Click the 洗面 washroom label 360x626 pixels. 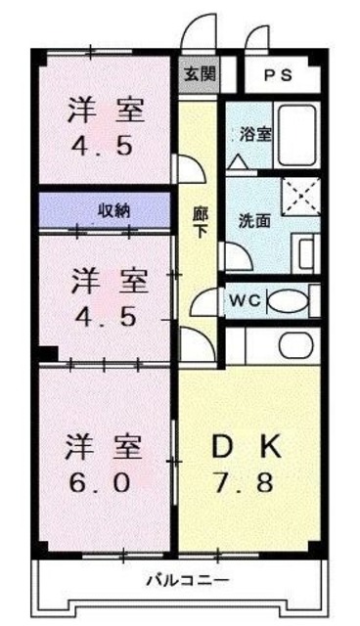point(255,219)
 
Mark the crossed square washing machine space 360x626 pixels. point(300,195)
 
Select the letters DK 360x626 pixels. point(247,447)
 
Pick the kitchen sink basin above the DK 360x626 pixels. point(293,344)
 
